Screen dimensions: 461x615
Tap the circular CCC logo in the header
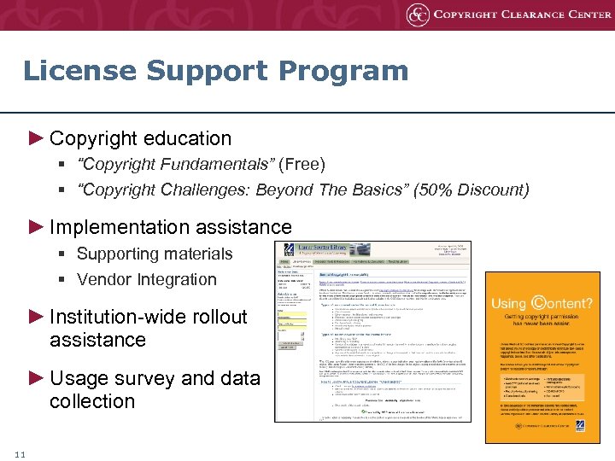[x=417, y=15]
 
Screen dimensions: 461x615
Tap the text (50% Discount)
[x=471, y=190]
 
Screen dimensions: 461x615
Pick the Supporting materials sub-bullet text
[x=155, y=254]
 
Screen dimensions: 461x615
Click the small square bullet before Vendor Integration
[x=64, y=280]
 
